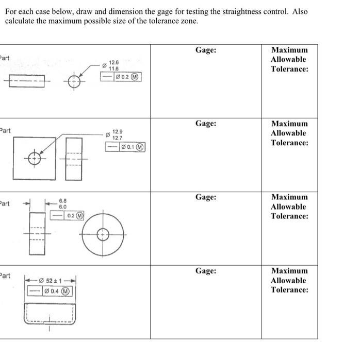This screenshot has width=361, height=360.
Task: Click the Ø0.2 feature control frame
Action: pyautogui.click(x=121, y=77)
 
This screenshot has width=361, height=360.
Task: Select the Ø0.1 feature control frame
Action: pyautogui.click(x=126, y=147)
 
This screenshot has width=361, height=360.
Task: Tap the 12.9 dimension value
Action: pyautogui.click(x=118, y=132)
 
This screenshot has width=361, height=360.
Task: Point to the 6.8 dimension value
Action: pyautogui.click(x=62, y=200)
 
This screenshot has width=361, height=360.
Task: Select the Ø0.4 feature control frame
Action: pyautogui.click(x=50, y=291)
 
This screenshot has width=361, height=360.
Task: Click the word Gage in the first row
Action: pyautogui.click(x=206, y=50)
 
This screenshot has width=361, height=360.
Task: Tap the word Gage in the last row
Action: pyautogui.click(x=206, y=270)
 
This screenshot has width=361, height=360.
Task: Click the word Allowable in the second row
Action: pyautogui.click(x=289, y=133)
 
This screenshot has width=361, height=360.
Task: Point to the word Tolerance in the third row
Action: pyautogui.click(x=290, y=216)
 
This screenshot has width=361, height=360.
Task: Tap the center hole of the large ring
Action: pyautogui.click(x=103, y=234)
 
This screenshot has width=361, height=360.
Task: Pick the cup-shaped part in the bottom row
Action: pyautogui.click(x=50, y=313)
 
